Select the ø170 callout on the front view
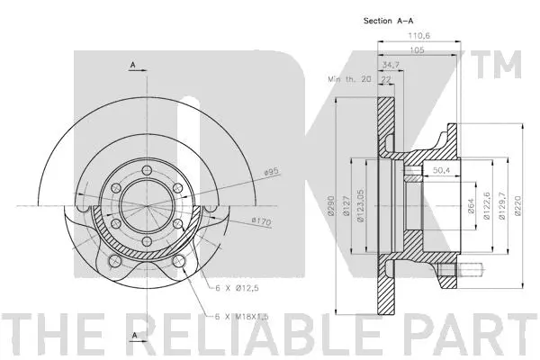(x=261, y=221)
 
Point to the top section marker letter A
(x=131, y=65)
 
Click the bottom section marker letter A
(x=131, y=337)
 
